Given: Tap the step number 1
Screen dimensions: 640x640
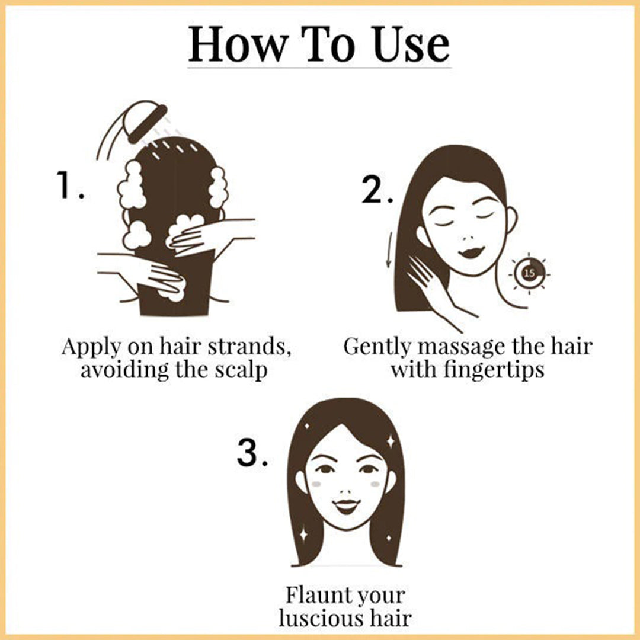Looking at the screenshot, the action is (70, 185).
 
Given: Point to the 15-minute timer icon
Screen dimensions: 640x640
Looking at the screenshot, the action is (529, 273).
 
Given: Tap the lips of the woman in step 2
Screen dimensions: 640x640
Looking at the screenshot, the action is (471, 252).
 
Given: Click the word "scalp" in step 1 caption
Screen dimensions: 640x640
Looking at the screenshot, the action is (245, 370).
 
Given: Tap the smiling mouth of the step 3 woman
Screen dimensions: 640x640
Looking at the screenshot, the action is (346, 506).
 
